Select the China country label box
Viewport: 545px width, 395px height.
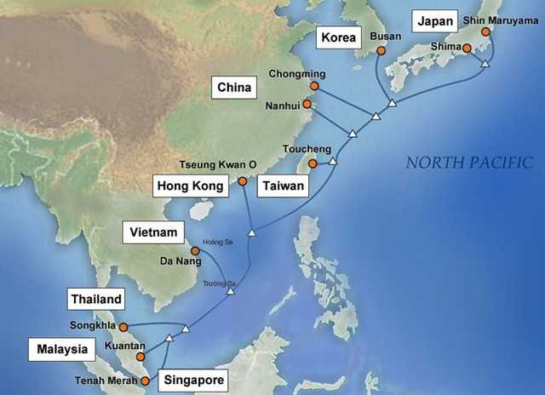[234, 87]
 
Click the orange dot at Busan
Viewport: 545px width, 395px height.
[381, 51]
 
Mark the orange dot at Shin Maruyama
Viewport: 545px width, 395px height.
[485, 32]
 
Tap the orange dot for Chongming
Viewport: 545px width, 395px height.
[315, 86]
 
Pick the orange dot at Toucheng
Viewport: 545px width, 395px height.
[313, 163]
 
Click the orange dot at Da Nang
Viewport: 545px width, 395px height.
[196, 250]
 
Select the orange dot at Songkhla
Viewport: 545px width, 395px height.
[123, 327]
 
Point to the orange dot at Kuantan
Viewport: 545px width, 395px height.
[141, 357]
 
